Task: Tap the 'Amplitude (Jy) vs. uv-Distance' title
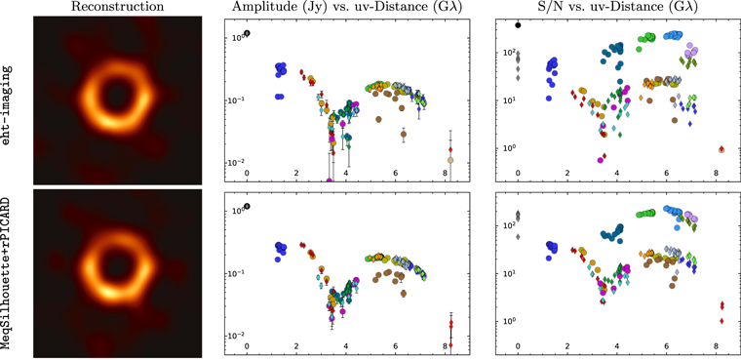point(346,8)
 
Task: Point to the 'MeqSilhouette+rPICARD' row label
point(9,274)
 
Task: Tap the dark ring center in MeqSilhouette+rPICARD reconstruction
point(112,269)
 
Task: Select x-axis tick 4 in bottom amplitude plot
point(347,346)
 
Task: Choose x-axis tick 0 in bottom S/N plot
point(518,346)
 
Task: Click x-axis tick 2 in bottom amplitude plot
point(297,346)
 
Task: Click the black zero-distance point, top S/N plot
point(518,24)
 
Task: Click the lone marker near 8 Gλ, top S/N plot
point(721,149)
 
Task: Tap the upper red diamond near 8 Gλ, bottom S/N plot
point(721,304)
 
